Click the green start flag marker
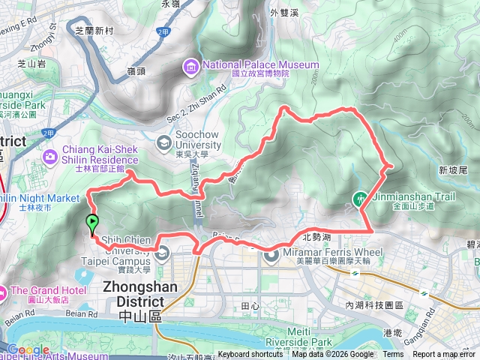point(92,223)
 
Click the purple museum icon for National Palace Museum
point(191,68)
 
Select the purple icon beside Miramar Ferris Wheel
point(271,256)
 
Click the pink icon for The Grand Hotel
point(4,291)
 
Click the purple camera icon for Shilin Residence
point(50,157)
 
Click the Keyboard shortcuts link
point(250,355)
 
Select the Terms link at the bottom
point(393,355)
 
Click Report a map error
point(445,355)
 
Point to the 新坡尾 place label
point(454,169)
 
